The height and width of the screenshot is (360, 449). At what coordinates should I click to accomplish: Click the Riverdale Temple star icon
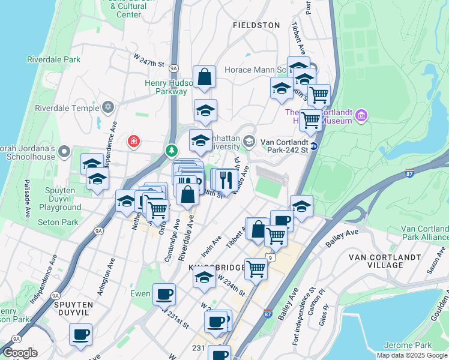(x=108, y=107)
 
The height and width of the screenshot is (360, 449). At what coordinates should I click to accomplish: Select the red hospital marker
(x=134, y=142)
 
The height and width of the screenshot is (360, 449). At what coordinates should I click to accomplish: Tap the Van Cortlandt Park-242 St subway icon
(x=313, y=146)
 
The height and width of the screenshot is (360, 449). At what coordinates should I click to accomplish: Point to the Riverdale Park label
(x=53, y=59)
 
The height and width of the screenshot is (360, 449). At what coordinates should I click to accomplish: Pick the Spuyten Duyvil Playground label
(x=60, y=202)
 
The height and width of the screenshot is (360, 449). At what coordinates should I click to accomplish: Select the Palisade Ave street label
(x=26, y=198)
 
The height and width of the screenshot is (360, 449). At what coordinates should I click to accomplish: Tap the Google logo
(x=20, y=353)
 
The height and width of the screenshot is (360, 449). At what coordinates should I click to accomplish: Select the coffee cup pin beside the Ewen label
(x=164, y=294)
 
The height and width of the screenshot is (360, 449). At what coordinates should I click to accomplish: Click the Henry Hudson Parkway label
(x=166, y=87)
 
